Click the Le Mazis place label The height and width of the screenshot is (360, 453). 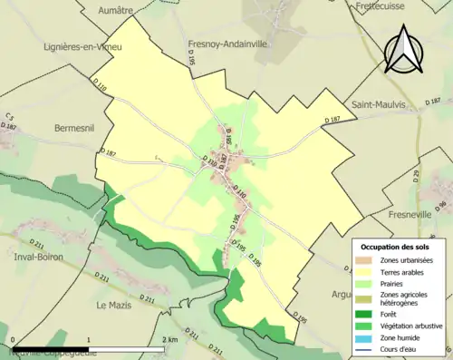[x=116, y=306]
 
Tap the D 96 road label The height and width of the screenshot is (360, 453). [x=441, y=206]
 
